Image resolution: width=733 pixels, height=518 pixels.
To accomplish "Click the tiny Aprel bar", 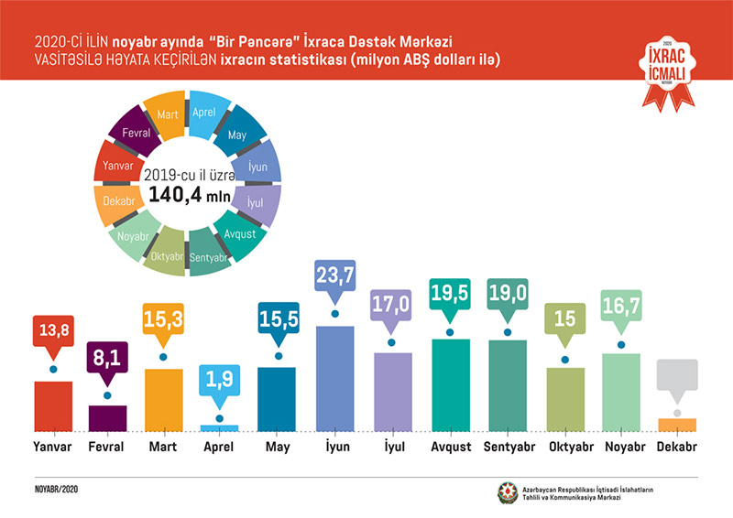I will pyautogui.click(x=219, y=427).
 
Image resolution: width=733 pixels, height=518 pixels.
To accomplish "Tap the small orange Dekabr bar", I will pyautogui.click(x=676, y=424).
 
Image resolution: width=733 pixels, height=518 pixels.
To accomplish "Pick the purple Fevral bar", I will pyautogui.click(x=107, y=417).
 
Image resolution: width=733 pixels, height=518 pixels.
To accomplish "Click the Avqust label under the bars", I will pyautogui.click(x=450, y=448).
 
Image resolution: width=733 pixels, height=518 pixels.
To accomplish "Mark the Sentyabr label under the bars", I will pyautogui.click(x=508, y=448).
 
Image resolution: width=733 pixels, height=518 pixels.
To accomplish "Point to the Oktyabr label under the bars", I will pyautogui.click(x=565, y=448).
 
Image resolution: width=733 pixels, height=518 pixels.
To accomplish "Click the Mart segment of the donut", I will pyautogui.click(x=167, y=115).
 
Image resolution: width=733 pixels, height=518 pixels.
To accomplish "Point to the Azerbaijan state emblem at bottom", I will pyautogui.click(x=506, y=491).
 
